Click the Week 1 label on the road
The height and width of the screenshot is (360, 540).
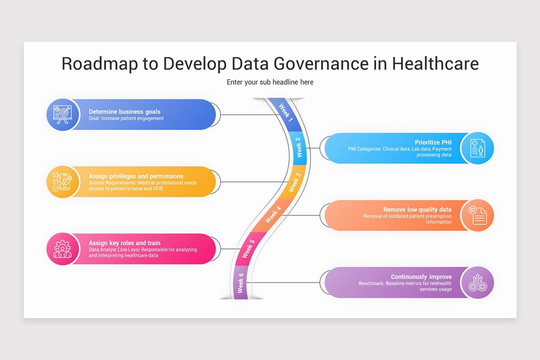coord(286,113)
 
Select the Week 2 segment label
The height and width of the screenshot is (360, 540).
coord(299,148)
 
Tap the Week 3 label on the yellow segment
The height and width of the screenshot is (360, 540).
coord(294,182)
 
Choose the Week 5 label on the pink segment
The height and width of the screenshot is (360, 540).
coord(248,249)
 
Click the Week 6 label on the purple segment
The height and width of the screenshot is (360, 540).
coord(241,283)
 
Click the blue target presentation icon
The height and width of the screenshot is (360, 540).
coord(60,114)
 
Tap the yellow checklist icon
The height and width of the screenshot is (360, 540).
coord(60,182)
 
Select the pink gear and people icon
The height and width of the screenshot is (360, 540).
coord(60,249)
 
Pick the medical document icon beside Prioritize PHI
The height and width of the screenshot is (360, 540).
coord(477,148)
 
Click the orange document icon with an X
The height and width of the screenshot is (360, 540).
coord(477,216)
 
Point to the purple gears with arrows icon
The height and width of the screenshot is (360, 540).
coord(477,283)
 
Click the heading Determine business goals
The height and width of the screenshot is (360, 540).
coord(124,112)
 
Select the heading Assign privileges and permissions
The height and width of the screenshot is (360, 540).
coord(136,176)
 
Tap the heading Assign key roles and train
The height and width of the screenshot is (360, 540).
coord(124,243)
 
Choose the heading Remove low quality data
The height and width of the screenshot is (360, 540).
coord(417,210)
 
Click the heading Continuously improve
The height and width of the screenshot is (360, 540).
coord(421,277)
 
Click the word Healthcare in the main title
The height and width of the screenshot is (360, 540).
coord(435,63)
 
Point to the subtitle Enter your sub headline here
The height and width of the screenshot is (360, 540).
coord(270,82)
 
